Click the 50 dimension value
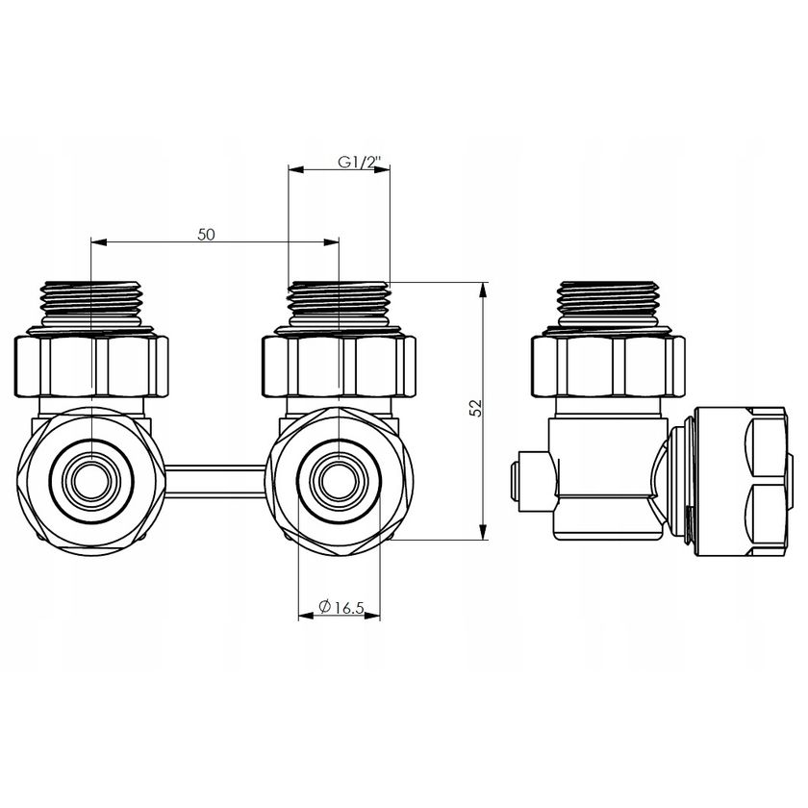click(206, 234)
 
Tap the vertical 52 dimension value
click(473, 408)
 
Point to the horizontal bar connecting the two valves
click(216, 477)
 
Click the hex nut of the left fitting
click(93, 364)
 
